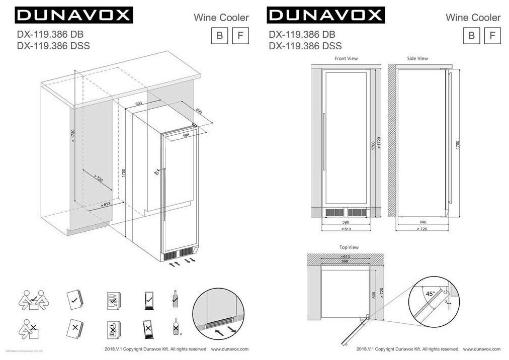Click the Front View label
pos(346,59)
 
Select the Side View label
pos(417,59)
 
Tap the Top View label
pos(349,247)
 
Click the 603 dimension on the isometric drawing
pos(139,104)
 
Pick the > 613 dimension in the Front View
pos(346,229)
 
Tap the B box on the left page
pos(219,36)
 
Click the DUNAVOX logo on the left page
pos(74,15)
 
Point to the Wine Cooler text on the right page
pos(473,18)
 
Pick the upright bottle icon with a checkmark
pos(175,299)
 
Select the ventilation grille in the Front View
pos(346,213)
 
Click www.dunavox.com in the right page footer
pos(481,349)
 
